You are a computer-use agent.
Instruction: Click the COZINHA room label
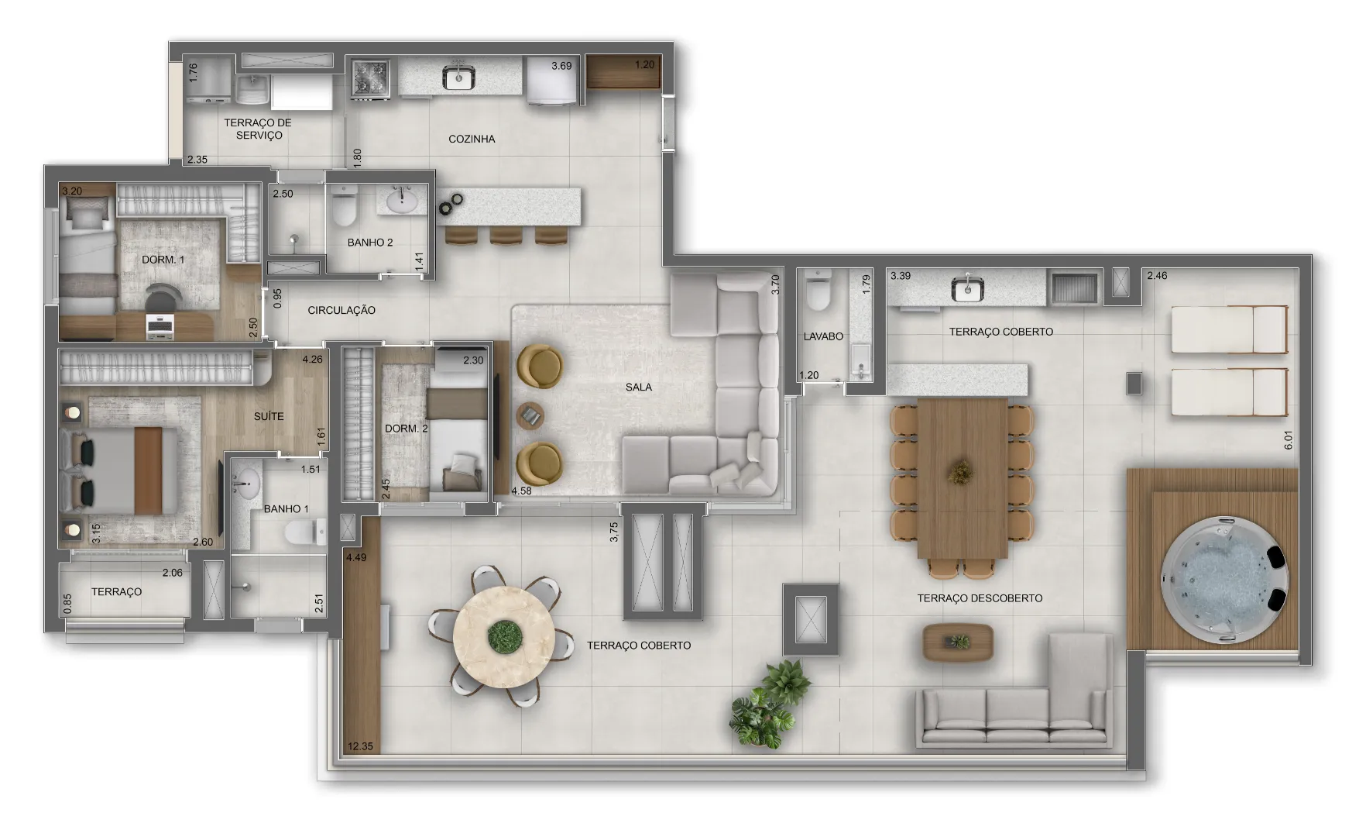tap(472, 139)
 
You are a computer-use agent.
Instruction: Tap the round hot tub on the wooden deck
tap(1227, 579)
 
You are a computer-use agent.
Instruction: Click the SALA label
tap(639, 387)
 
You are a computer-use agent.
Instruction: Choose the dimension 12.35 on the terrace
tap(361, 747)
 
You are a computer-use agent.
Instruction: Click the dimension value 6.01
tap(1289, 440)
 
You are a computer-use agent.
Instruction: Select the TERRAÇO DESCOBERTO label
tap(980, 598)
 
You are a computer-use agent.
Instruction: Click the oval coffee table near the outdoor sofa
tap(958, 642)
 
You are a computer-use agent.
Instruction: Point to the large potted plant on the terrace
tap(768, 706)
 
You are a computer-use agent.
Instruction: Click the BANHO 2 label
tap(370, 243)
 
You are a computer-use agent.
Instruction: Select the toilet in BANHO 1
tap(303, 532)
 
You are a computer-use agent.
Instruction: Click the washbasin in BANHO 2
tap(400, 203)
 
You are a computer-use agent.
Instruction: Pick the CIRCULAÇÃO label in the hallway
tap(341, 311)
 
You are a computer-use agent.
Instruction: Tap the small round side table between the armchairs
tap(530, 416)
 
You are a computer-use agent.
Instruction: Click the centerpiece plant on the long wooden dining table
tap(961, 471)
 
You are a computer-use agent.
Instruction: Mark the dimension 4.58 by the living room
tap(523, 491)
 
